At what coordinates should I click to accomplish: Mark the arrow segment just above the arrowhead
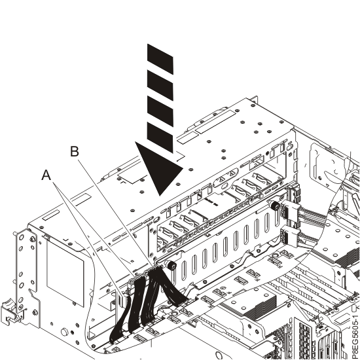(161, 136)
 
